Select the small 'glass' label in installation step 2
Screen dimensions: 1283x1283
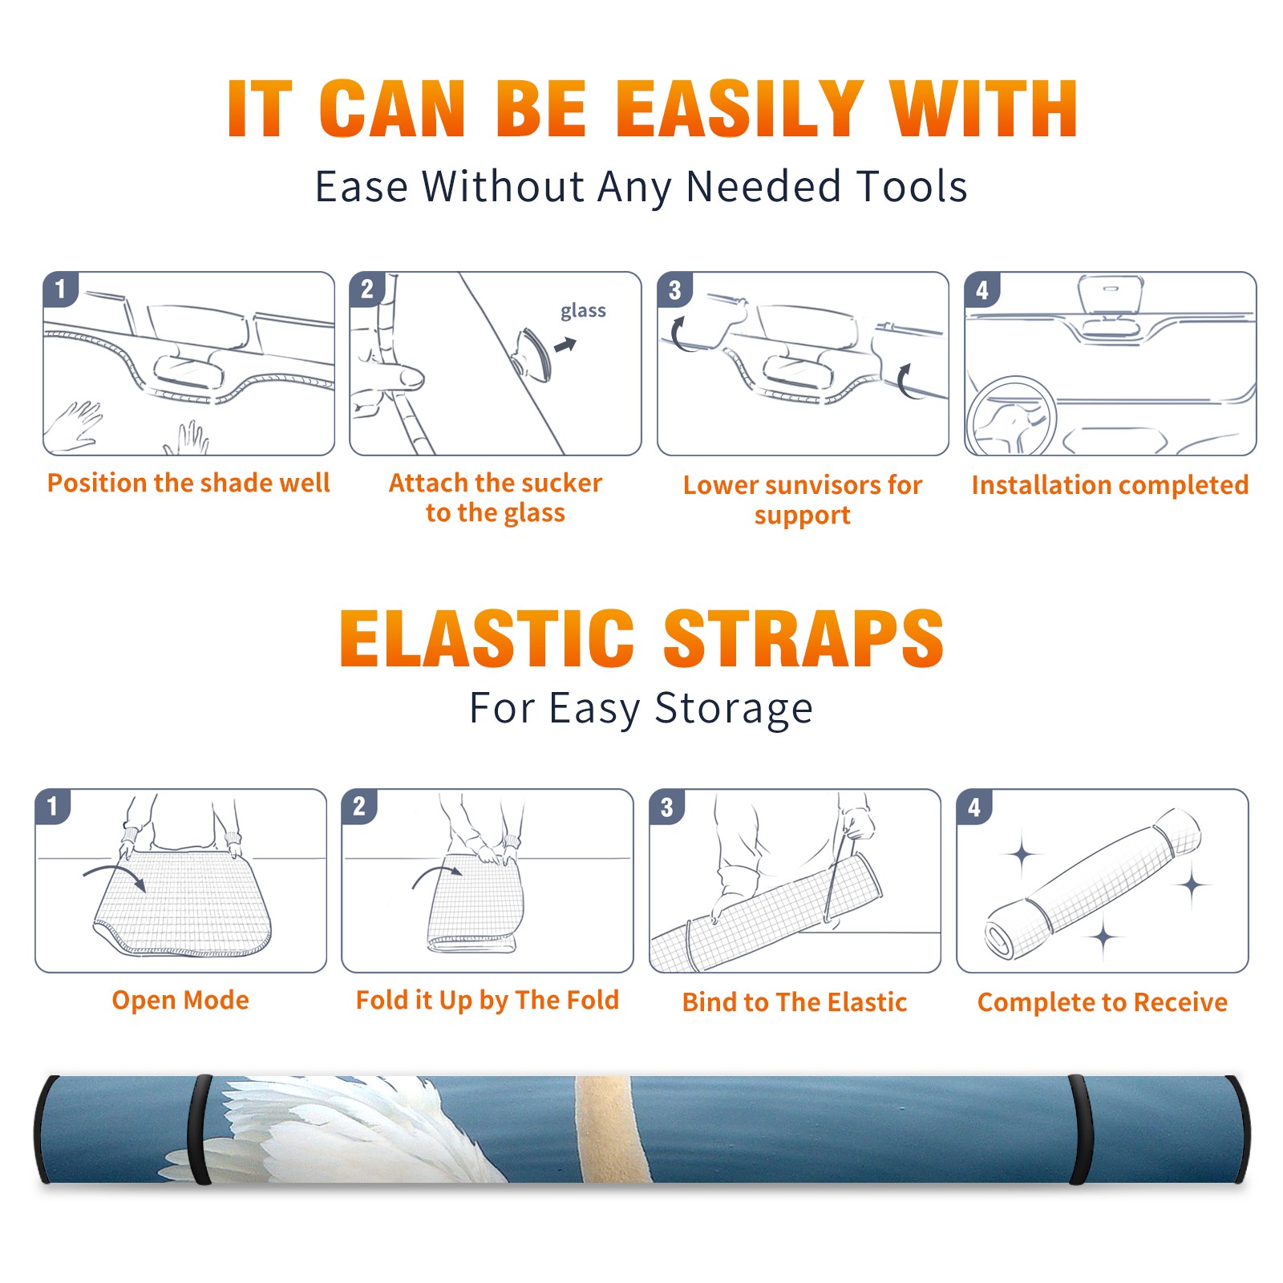point(583,310)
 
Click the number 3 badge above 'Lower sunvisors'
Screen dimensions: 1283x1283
point(675,290)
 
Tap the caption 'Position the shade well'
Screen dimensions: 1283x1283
point(188,483)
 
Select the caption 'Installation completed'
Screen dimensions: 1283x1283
point(1110,484)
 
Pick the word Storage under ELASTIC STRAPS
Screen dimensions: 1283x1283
point(734,709)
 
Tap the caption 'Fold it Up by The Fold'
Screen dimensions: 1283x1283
point(488,1000)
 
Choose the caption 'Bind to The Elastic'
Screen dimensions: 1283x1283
point(795,1002)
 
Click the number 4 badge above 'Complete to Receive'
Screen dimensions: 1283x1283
point(974,807)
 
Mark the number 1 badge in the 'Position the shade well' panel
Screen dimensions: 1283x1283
point(60,289)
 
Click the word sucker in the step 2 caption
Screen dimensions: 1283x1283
point(562,483)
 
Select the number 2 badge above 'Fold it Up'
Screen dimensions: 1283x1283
point(359,807)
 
